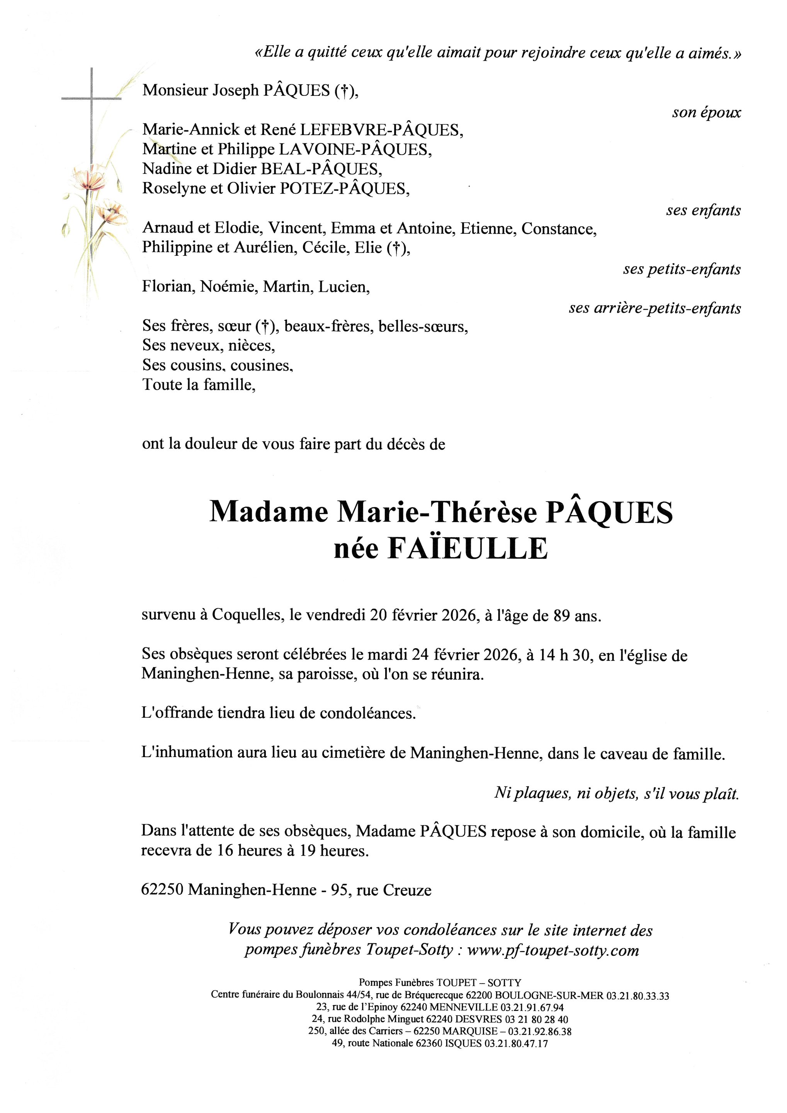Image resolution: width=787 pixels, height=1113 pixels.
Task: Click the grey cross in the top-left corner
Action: click(x=92, y=99)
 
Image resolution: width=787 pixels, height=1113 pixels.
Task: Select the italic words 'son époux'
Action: click(x=706, y=112)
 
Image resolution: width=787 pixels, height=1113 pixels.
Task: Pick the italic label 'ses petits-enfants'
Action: click(x=682, y=269)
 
